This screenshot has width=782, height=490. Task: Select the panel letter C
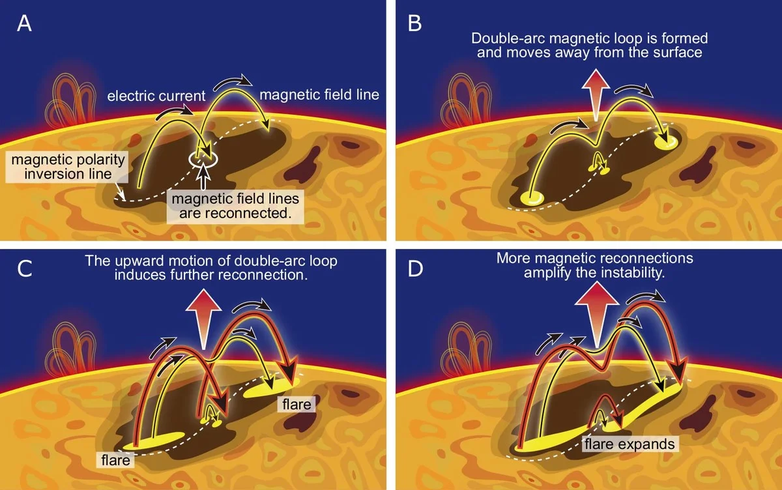24,268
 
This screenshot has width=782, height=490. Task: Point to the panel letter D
415,268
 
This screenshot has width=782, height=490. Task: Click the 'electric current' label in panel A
156,96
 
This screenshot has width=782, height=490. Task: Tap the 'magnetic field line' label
319,95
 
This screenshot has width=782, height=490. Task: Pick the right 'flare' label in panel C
297,405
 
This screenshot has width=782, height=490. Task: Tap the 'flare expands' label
628,444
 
